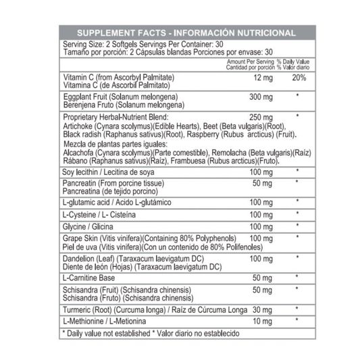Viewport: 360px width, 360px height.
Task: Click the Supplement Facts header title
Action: point(186,32)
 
